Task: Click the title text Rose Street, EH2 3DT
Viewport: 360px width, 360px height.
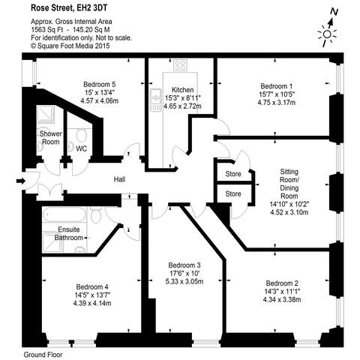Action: tap(68, 8)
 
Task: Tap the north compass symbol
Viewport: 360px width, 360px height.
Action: tap(328, 31)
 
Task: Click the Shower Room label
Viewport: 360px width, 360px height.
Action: tap(50, 138)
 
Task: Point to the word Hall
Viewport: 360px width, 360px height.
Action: tap(119, 179)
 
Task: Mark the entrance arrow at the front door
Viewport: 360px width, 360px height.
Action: tap(19, 180)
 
